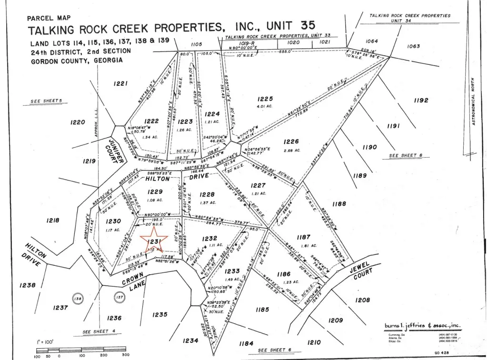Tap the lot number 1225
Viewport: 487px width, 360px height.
click(265, 99)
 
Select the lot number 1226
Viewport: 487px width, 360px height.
click(291, 141)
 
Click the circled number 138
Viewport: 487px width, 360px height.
click(77, 299)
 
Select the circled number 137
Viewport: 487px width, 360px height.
click(119, 299)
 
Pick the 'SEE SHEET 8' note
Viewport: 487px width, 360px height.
click(406, 156)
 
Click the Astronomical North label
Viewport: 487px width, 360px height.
click(474, 101)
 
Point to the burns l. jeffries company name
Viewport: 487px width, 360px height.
click(422, 326)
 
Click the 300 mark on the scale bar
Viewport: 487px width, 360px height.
click(125, 355)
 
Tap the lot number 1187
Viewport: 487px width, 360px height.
click(303, 237)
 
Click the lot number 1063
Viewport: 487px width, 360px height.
click(414, 46)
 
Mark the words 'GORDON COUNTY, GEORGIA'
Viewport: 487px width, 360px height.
click(76, 60)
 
